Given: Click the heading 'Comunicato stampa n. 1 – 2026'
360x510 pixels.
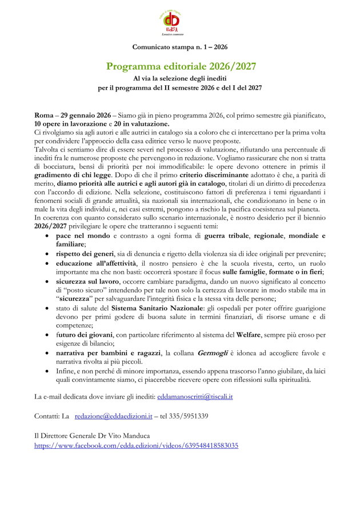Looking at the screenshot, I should coord(180,47).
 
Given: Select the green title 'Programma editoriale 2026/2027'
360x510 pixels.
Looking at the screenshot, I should coord(180,66).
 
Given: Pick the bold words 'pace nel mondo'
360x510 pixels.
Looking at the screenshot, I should coord(83,235).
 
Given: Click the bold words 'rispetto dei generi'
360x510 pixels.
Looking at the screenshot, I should coord(84,253).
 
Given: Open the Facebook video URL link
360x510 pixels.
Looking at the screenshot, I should coord(136,445).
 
